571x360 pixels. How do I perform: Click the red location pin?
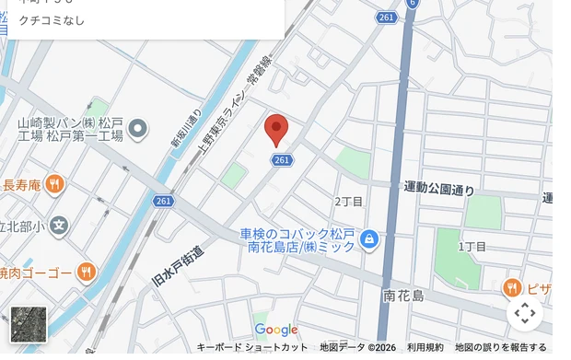click(276, 130)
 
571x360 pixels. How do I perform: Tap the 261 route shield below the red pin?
click(282, 160)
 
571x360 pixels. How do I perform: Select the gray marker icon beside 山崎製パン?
click(138, 129)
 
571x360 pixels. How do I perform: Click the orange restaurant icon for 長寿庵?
click(55, 184)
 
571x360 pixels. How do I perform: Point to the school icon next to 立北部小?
click(59, 225)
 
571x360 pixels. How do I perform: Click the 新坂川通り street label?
click(186, 129)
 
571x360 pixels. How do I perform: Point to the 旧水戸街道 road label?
click(178, 264)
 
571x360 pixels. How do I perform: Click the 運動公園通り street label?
click(439, 189)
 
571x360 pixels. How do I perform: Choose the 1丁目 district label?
click(472, 247)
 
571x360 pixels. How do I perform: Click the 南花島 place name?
click(403, 296)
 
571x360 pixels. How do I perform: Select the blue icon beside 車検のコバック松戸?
click(369, 240)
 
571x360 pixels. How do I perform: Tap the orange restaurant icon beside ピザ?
click(513, 288)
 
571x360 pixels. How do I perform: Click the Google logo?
click(276, 330)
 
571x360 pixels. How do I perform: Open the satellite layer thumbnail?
click(29, 324)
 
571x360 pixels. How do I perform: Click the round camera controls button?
click(525, 313)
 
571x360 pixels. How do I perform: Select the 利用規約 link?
click(425, 347)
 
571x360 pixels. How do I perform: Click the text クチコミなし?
click(52, 20)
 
